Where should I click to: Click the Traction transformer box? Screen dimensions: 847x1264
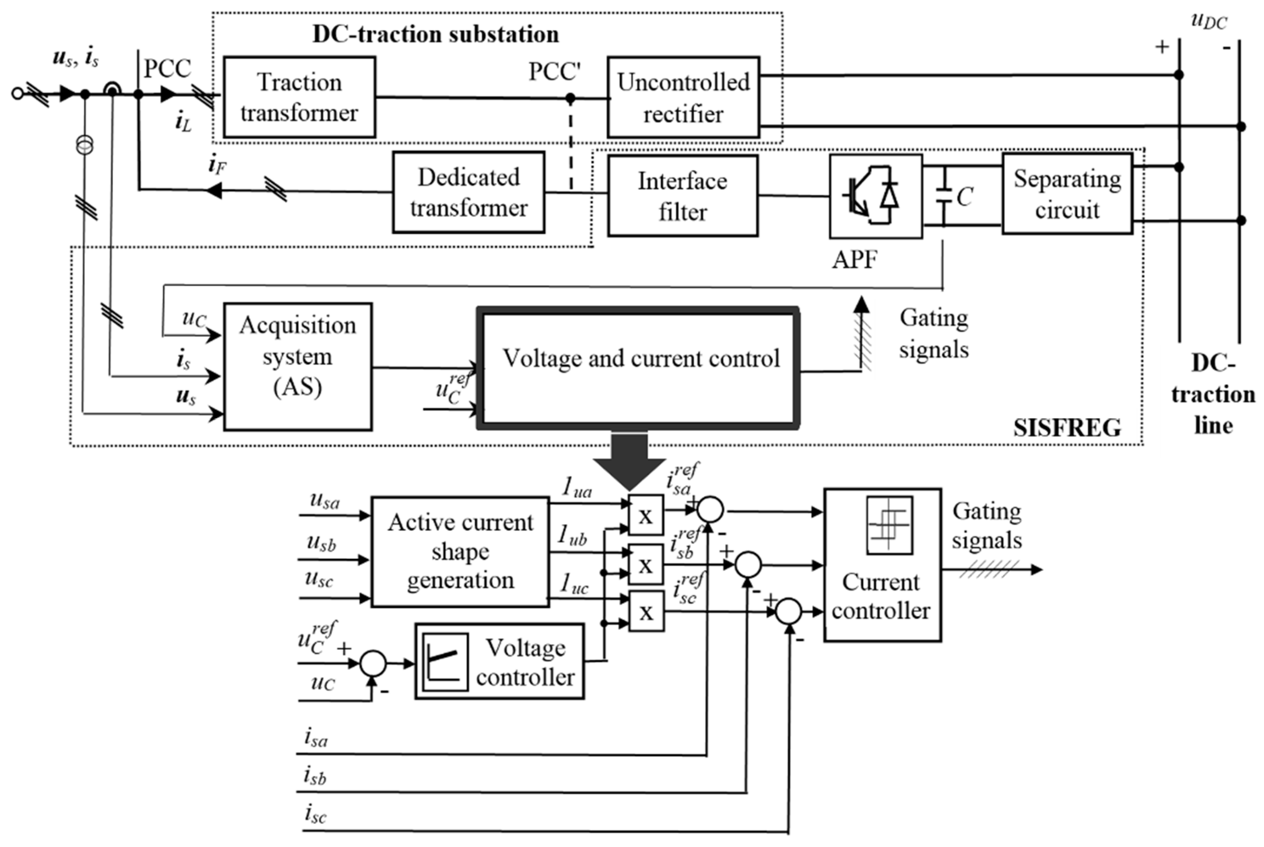tap(299, 97)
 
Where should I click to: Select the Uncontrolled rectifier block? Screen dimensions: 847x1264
tap(683, 97)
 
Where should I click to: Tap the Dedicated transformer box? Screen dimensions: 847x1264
tap(468, 192)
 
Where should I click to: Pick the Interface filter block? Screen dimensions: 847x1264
tap(683, 196)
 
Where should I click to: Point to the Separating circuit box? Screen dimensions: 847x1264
tap(1067, 194)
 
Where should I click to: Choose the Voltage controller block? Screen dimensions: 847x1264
tap(500, 662)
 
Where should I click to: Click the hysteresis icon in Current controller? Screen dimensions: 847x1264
tap(889, 525)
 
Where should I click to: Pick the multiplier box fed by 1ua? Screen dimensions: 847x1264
tap(646, 515)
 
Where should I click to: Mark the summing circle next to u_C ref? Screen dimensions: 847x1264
tap(373, 664)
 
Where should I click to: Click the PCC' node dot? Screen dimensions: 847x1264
tap(570, 98)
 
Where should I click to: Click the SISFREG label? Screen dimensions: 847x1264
tap(1067, 428)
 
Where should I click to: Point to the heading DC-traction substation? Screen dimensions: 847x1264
tap(435, 35)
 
